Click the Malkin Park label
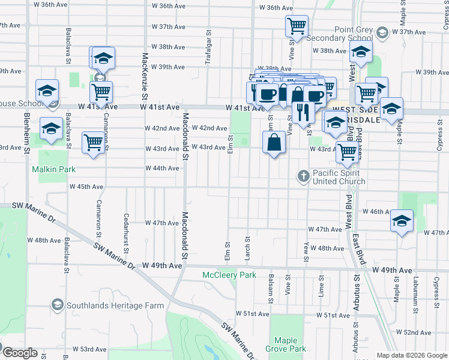pos(54,169)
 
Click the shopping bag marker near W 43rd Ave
pos(274,143)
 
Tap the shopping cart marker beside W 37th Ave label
pos(297,26)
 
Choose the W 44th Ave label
pos(162,169)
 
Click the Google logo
pos(19,353)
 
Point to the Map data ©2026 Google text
pos(411,355)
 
